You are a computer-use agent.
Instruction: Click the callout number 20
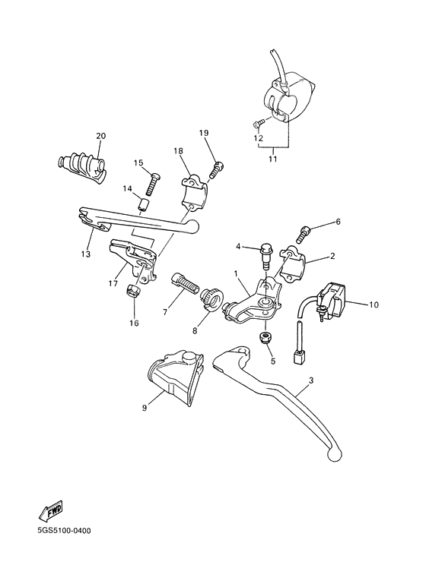tap(100, 136)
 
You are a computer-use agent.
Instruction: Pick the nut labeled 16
tap(133, 292)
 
